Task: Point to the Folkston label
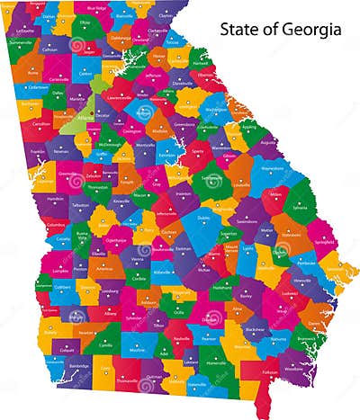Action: click(x=269, y=371)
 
